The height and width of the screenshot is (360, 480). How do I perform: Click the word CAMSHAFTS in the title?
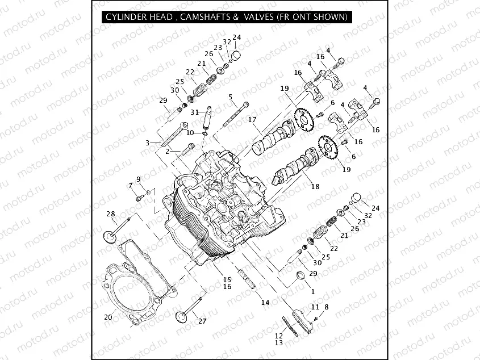tap(206, 17)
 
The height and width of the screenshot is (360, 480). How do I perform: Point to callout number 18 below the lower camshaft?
tap(315, 187)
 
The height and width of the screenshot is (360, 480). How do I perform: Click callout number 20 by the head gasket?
tap(108, 317)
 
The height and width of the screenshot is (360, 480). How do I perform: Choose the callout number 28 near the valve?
tap(111, 214)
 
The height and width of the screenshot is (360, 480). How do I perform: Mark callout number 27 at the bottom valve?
tap(202, 321)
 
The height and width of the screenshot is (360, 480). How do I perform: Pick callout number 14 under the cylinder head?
tap(265, 303)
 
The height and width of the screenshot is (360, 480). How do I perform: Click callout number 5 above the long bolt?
tap(231, 97)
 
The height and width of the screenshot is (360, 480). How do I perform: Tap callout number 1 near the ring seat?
tap(312, 291)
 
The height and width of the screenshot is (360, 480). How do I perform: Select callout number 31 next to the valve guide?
tap(194, 112)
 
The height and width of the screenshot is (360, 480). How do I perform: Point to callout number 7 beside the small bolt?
tap(130, 185)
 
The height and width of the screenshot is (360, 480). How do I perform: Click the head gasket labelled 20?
tap(134, 290)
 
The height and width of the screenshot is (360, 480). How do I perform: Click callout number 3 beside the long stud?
tap(147, 143)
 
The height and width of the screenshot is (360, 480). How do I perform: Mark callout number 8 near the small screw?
tap(326, 307)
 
